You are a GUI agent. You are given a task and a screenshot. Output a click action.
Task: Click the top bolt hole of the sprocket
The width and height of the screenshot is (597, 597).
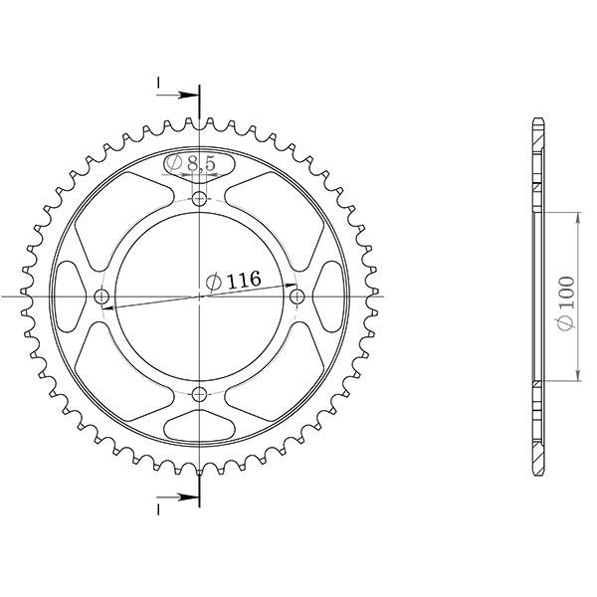pyautogui.click(x=200, y=200)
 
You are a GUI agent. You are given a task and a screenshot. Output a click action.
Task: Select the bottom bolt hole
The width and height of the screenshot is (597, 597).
pyautogui.click(x=200, y=395)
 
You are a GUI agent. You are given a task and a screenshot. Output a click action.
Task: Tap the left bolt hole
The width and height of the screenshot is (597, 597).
pyautogui.click(x=102, y=298)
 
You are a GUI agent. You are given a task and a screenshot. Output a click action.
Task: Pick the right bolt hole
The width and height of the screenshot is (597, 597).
pyautogui.click(x=296, y=298)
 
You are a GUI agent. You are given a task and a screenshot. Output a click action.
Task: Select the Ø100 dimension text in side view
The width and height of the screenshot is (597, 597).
pyautogui.click(x=564, y=297)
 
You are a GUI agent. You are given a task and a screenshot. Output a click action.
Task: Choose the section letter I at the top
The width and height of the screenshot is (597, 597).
pyautogui.click(x=158, y=84)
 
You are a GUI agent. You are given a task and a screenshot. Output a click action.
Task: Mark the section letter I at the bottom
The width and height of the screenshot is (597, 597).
pyautogui.click(x=158, y=508)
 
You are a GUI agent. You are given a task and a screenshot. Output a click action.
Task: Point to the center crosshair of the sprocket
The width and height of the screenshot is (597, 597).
pyautogui.click(x=200, y=298)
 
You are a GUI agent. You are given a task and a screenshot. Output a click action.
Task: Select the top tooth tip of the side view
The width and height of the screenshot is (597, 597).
pyautogui.click(x=539, y=120)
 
